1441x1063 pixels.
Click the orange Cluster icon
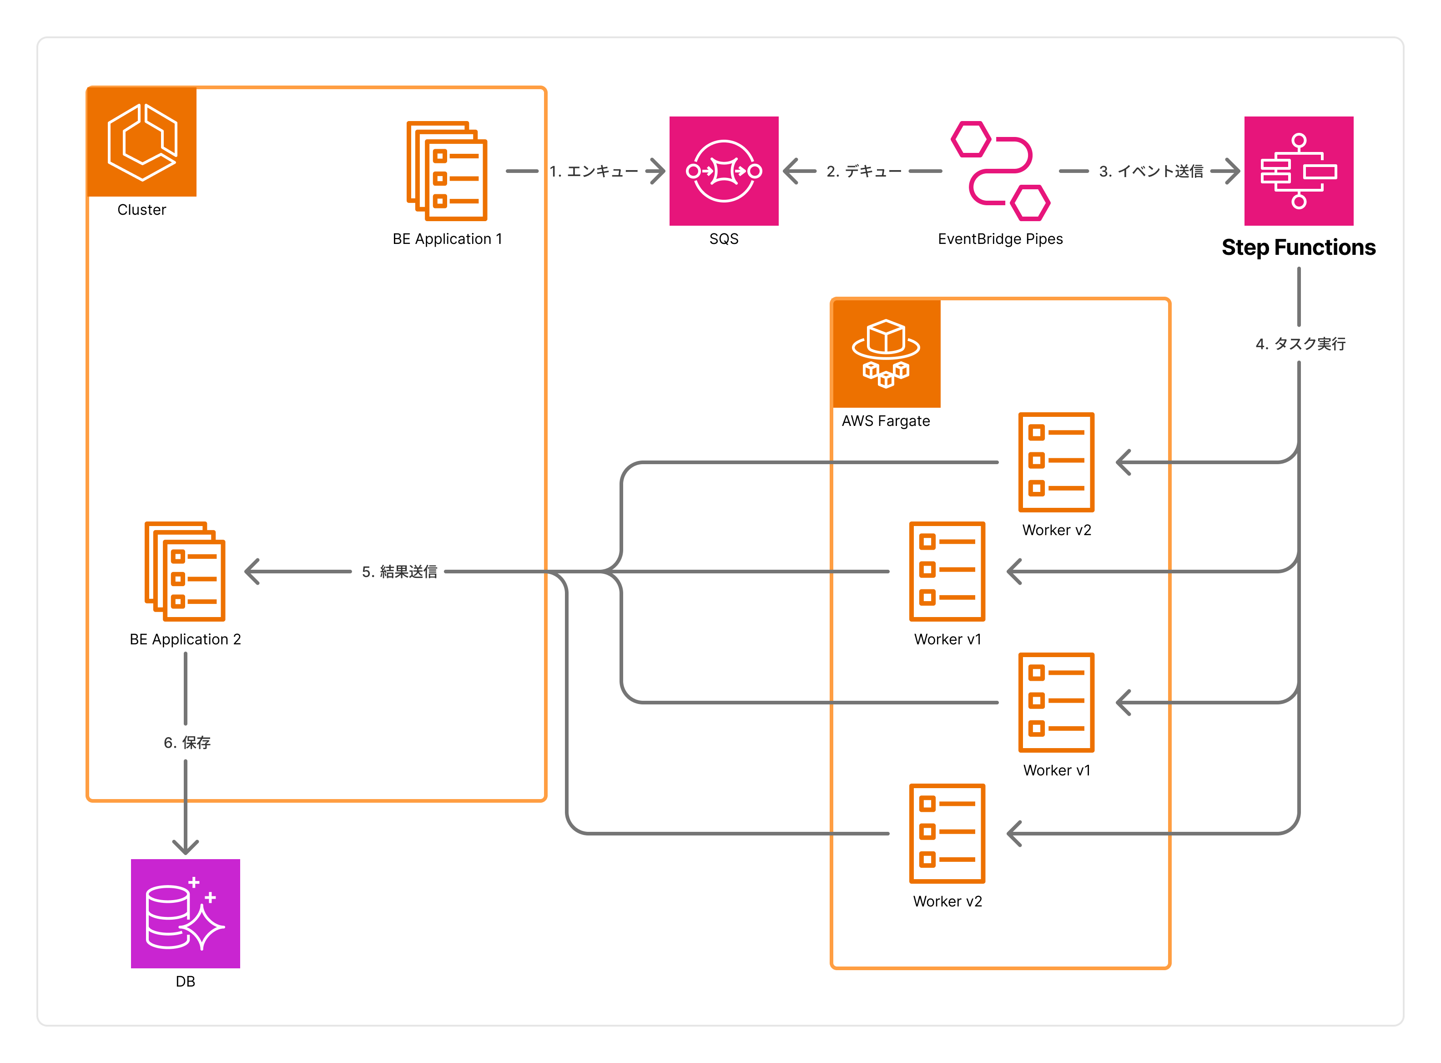point(141,142)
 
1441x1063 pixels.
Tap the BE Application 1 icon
point(447,171)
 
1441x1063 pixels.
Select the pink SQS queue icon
point(723,171)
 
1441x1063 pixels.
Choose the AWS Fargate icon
point(886,353)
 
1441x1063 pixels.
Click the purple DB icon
point(185,913)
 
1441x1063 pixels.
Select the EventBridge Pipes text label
point(1000,239)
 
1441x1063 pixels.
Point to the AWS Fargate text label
point(886,421)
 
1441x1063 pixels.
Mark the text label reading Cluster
point(141,210)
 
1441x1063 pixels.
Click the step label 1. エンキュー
point(593,171)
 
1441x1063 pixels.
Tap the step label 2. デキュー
point(864,171)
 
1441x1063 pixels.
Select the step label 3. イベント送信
point(1150,171)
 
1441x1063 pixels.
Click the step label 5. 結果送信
point(399,572)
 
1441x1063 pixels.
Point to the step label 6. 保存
point(187,743)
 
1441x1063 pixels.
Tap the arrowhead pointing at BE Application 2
point(252,572)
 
